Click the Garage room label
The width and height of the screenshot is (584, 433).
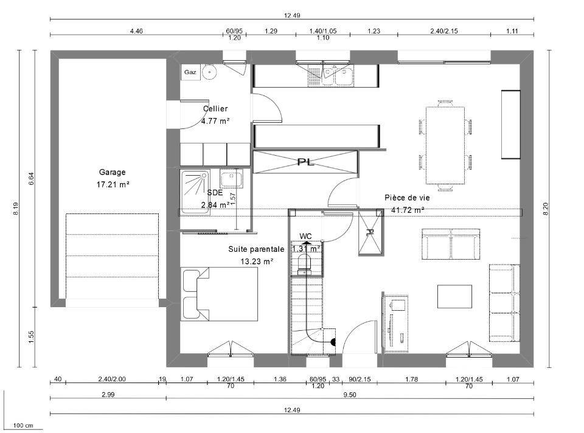112,172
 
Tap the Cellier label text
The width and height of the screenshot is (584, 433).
215,109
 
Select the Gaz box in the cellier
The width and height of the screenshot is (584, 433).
190,72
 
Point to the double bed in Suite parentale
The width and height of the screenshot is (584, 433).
220,294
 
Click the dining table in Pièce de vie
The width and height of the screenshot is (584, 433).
445,145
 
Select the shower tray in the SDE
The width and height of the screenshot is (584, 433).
195,192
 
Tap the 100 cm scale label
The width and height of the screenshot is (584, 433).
23,426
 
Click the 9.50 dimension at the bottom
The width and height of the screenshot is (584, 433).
349,395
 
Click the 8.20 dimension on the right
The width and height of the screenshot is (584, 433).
546,209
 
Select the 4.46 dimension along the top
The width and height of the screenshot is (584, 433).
136,31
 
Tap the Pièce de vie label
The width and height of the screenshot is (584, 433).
407,198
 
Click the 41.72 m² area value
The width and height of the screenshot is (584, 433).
408,210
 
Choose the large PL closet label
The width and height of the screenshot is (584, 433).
305,162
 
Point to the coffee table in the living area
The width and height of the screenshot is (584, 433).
454,296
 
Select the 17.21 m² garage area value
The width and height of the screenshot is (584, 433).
113,184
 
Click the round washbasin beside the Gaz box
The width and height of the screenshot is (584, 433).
209,72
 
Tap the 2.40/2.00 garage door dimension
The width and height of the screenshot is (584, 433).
112,379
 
